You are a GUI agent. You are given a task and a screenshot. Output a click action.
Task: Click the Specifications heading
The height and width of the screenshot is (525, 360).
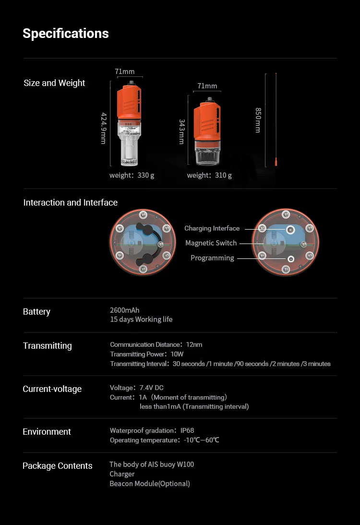tap(66, 34)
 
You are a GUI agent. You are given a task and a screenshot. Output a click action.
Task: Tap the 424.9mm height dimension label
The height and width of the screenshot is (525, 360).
tap(103, 128)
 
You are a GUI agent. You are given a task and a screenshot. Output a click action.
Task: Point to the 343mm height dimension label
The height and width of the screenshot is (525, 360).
tap(181, 132)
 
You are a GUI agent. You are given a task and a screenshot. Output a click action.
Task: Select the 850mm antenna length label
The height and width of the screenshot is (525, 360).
tap(258, 120)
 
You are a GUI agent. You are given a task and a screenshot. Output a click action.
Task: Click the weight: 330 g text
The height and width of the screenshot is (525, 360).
tap(132, 175)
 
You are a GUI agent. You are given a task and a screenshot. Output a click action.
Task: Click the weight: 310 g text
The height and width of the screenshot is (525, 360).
tap(209, 175)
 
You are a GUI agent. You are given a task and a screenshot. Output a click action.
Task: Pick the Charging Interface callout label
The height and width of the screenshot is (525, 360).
tap(212, 229)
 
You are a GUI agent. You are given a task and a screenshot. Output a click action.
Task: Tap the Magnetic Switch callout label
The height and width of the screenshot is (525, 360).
tap(211, 243)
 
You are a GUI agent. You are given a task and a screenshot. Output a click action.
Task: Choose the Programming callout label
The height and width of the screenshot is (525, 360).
tap(212, 258)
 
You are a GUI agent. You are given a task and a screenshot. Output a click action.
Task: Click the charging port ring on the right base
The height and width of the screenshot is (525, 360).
tap(290, 230)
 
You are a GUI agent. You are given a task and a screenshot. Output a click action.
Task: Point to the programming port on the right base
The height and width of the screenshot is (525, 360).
tap(290, 258)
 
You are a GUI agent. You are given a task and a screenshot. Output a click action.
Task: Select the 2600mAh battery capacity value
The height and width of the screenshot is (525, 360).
tap(124, 310)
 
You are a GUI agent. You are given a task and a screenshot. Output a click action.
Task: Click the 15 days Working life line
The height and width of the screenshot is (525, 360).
tap(141, 319)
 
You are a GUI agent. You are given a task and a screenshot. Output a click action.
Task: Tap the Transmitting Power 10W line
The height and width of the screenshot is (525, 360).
tap(147, 354)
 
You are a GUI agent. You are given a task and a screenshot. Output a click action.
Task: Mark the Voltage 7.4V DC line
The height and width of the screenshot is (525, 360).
tap(137, 388)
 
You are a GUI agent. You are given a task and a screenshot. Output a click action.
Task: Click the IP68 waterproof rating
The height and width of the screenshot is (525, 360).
tap(187, 430)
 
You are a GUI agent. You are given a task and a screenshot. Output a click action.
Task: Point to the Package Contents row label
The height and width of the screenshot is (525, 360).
tap(58, 466)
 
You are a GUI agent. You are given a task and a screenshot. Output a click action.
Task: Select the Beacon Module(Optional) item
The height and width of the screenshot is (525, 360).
tap(150, 484)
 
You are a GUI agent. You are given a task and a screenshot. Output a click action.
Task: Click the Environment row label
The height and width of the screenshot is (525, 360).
tap(47, 432)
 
